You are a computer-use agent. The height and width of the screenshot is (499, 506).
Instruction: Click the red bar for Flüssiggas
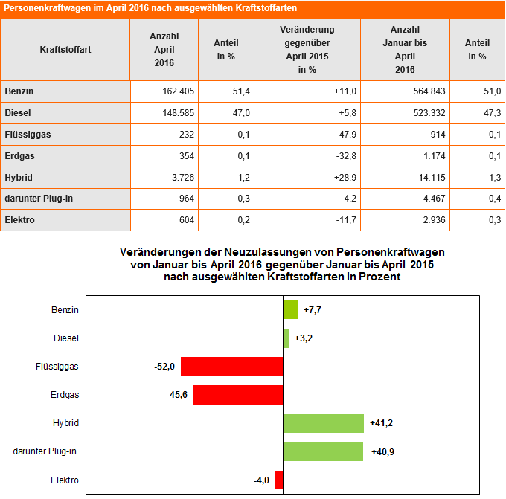[231, 367]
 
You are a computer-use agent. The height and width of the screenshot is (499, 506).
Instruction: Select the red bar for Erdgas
[238, 395]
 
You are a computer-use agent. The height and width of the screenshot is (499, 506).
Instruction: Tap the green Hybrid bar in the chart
[324, 423]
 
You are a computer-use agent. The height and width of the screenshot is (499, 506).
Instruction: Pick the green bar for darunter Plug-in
[323, 451]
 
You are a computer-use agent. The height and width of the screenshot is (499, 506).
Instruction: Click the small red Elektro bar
[279, 480]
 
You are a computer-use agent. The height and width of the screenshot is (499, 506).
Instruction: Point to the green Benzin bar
[291, 309]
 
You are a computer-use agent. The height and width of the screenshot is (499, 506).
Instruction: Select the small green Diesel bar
[286, 338]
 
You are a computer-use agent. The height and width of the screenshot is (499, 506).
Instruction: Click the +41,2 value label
[381, 423]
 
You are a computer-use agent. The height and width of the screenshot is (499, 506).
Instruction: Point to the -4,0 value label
[261, 480]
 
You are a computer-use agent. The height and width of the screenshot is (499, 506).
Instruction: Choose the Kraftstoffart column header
[65, 50]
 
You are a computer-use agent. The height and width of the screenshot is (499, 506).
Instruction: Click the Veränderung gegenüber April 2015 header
[307, 50]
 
